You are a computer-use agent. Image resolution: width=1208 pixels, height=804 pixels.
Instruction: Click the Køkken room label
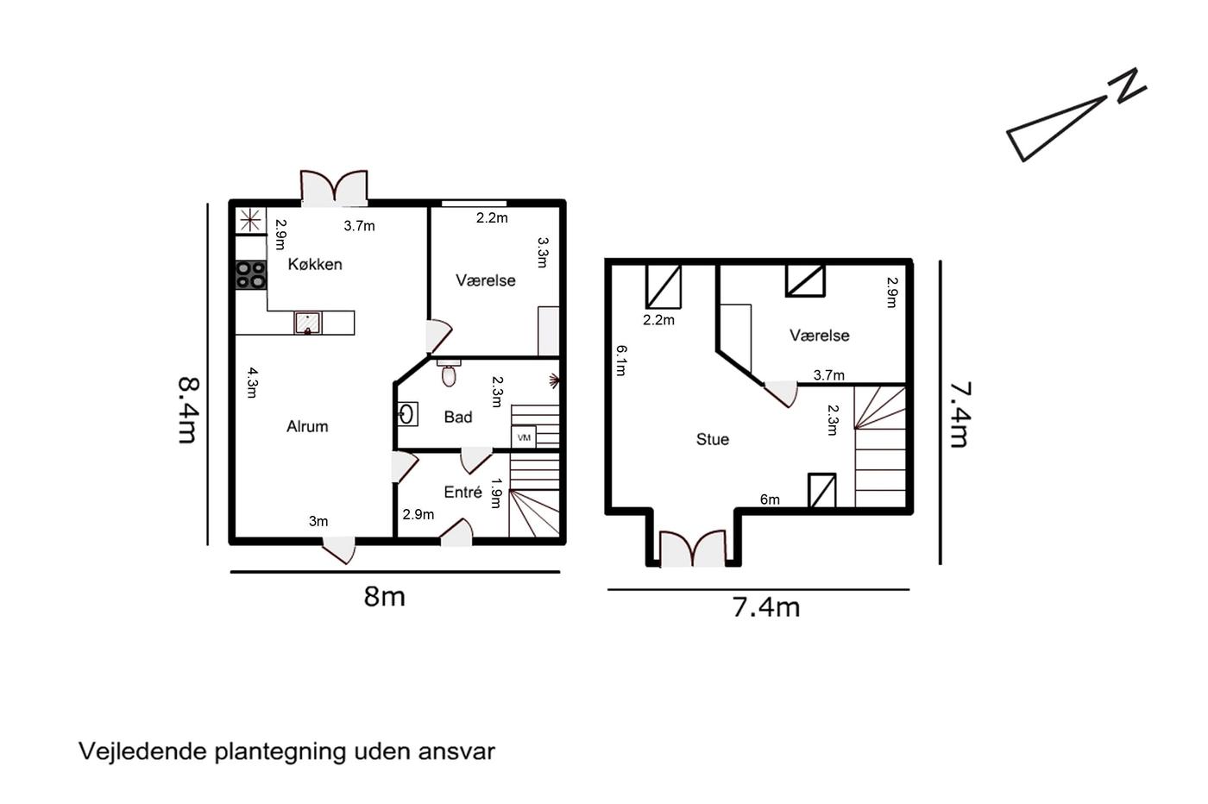pyautogui.click(x=315, y=264)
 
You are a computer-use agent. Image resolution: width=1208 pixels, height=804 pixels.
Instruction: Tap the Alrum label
pyautogui.click(x=307, y=426)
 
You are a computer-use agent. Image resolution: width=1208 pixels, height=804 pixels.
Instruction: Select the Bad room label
pyautogui.click(x=458, y=417)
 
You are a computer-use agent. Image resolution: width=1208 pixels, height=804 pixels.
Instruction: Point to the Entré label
pyautogui.click(x=462, y=492)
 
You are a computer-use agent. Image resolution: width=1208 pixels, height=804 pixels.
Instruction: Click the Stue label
pyautogui.click(x=713, y=439)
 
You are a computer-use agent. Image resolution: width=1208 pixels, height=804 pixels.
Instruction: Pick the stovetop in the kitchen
pyautogui.click(x=251, y=275)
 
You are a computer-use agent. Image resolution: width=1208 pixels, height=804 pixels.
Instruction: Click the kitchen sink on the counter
pyautogui.click(x=308, y=323)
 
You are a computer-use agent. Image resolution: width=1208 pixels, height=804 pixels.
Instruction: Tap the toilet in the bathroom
pyautogui.click(x=448, y=374)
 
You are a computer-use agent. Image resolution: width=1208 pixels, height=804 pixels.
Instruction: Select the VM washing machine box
pyautogui.click(x=523, y=437)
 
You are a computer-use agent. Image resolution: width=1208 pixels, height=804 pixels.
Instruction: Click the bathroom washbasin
pyautogui.click(x=407, y=415)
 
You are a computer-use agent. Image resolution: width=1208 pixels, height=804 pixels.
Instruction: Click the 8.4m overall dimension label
pyautogui.click(x=189, y=410)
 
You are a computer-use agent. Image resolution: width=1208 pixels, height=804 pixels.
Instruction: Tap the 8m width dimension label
pyautogui.click(x=384, y=597)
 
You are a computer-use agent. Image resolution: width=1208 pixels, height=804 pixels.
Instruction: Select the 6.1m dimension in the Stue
pyautogui.click(x=621, y=361)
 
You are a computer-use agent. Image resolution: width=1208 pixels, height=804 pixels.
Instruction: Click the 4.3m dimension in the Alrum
pyautogui.click(x=252, y=382)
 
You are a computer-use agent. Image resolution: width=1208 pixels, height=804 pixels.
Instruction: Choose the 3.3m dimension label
pyautogui.click(x=543, y=253)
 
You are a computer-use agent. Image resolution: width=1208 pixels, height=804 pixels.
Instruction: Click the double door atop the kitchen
pyautogui.click(x=335, y=188)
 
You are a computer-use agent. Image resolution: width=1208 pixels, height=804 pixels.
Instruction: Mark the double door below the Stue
pyautogui.click(x=692, y=549)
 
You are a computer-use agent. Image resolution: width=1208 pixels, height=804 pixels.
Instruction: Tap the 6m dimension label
pyautogui.click(x=770, y=499)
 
